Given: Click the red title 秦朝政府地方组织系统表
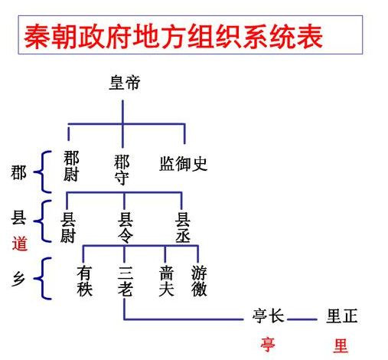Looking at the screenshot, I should (x=173, y=36).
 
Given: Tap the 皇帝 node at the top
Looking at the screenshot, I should (x=124, y=84).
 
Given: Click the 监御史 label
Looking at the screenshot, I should (x=183, y=164).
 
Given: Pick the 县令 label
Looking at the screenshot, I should (x=126, y=227).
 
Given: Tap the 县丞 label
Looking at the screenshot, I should (x=183, y=227).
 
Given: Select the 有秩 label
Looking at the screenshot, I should (x=85, y=281).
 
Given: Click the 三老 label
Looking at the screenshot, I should (x=126, y=281).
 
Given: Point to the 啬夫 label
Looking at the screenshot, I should (x=166, y=281).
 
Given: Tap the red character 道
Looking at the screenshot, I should (x=20, y=244).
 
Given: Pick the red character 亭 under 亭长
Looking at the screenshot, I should (x=268, y=345).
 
